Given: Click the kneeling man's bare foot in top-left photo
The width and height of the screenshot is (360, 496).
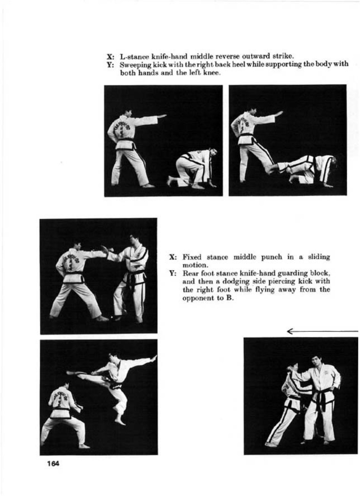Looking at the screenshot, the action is coord(170,180).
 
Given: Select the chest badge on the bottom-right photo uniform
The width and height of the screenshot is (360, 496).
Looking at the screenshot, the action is coord(326,372).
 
